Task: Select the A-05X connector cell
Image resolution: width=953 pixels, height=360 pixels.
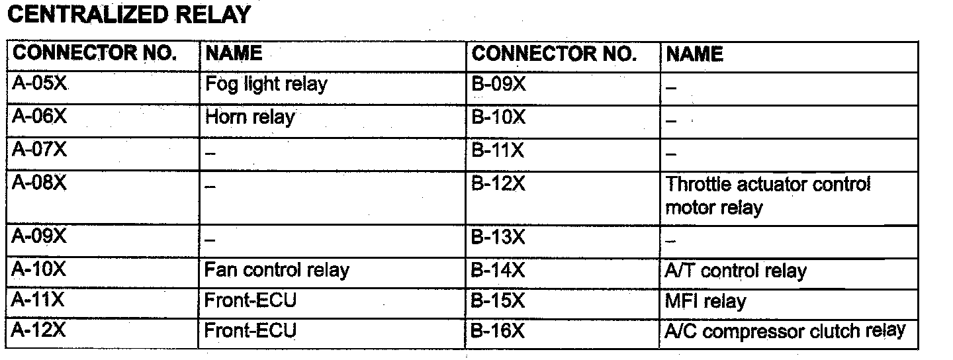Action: tap(40, 85)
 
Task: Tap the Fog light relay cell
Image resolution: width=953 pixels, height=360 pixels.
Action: tap(266, 85)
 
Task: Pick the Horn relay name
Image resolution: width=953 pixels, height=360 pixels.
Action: tap(250, 118)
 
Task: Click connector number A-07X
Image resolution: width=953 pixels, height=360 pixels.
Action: tap(40, 150)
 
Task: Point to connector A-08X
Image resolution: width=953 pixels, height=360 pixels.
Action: tap(40, 183)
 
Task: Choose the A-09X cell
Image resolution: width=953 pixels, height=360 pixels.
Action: tap(40, 236)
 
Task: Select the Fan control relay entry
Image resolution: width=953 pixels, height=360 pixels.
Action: tap(277, 270)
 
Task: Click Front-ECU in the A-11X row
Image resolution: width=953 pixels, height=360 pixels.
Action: tap(251, 300)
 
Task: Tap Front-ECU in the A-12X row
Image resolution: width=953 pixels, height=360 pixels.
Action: tap(251, 331)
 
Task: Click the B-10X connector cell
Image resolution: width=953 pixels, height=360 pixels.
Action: tap(498, 118)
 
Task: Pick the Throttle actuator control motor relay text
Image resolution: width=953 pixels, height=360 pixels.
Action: tap(768, 196)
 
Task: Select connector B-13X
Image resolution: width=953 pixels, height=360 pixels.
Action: tap(498, 236)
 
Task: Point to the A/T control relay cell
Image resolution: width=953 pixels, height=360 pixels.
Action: tap(736, 271)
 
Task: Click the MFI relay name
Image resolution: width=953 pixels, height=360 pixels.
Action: tap(705, 301)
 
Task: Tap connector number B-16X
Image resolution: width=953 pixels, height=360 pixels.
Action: tap(498, 331)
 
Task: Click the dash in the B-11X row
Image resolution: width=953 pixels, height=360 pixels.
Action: tap(671, 154)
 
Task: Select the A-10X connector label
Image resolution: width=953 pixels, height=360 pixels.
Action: tap(40, 269)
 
